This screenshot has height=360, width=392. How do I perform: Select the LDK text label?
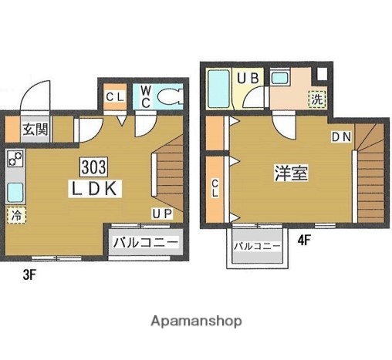pos(96,187)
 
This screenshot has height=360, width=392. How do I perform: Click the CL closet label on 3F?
pos(115,96)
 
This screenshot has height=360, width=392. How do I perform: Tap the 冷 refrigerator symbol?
pos(15,215)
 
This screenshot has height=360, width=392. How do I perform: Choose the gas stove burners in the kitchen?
pos(15,161)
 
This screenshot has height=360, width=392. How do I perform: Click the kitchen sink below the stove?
pos(15,191)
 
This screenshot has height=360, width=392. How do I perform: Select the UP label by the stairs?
pos(161,214)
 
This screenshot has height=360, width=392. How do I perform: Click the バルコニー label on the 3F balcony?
pos(145,243)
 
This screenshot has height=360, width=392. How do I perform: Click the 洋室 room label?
pos(292,173)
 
